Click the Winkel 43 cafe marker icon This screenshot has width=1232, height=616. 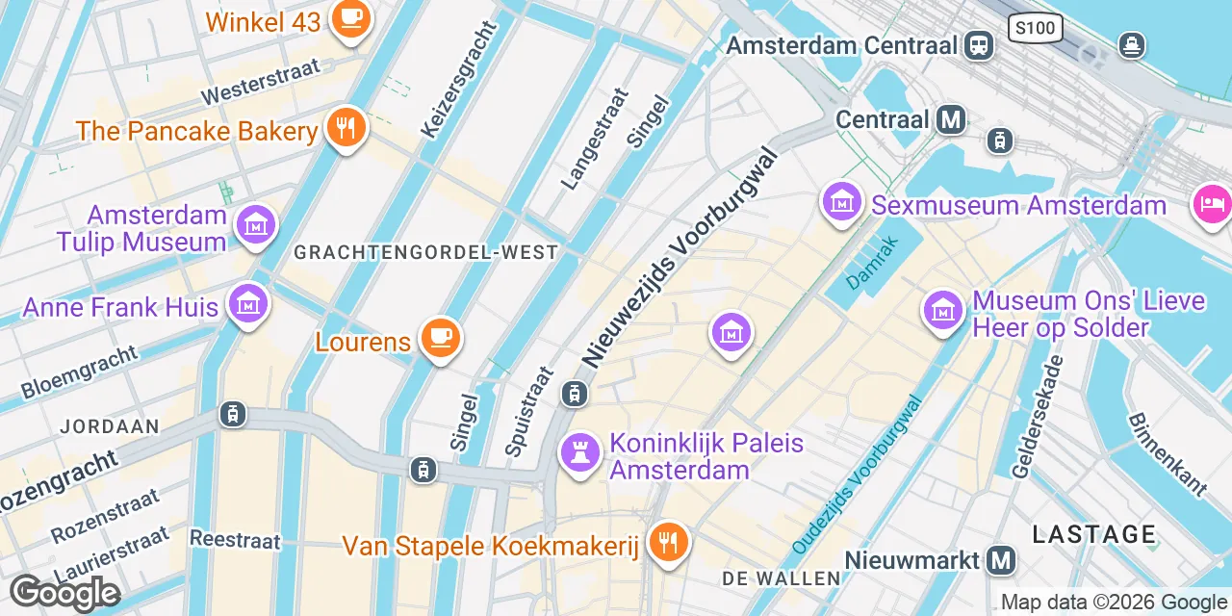pos(348,18)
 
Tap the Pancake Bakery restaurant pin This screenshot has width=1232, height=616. pos(346,127)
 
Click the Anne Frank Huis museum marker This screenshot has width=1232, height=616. pos(248,305)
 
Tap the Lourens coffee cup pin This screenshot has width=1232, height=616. pos(441,339)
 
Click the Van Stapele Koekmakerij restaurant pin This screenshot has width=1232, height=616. pos(666,544)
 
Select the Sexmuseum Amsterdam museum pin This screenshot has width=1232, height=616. pos(842,204)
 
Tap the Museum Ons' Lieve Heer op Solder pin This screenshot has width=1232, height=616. pos(944,310)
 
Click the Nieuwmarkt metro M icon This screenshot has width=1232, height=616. pos(1002,559)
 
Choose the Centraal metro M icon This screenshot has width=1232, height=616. pos(952,119)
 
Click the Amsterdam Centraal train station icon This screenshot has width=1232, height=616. pos(980,44)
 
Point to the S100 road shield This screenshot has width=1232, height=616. pos(1036,27)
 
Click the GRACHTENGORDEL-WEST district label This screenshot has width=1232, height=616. pos(425,252)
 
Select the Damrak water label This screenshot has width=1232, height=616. pos(871,263)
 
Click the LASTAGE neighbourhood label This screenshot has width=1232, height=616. pos(1094,534)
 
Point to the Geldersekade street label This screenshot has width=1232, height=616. pos(1038,416)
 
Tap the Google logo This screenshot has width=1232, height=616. pos(64,593)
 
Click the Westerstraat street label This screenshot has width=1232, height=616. pos(247,83)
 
